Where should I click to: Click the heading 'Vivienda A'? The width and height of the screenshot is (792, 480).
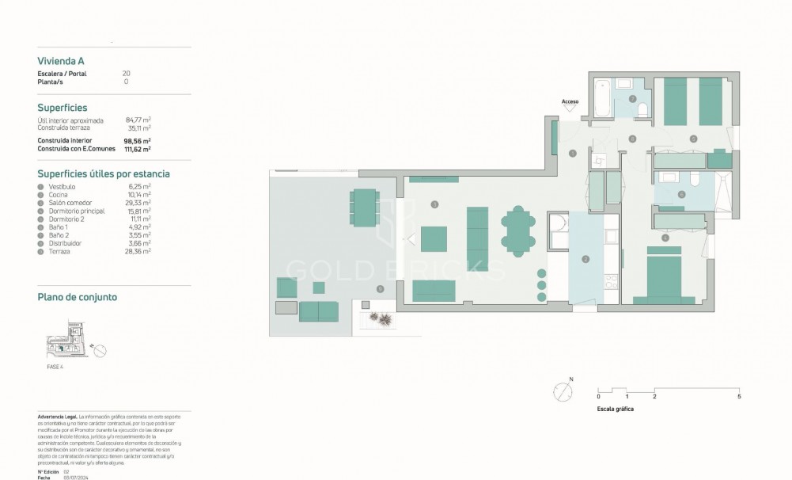[x=61, y=60]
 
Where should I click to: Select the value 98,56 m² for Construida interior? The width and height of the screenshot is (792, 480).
[x=136, y=141]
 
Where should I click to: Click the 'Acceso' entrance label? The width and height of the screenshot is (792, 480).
[x=570, y=101]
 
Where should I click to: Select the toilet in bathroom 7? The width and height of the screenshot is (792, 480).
[x=642, y=109]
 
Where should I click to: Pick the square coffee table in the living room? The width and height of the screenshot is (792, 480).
[x=434, y=238]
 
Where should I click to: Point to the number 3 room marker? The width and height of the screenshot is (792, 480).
[x=434, y=204]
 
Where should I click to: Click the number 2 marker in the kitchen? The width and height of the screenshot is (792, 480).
[x=585, y=259]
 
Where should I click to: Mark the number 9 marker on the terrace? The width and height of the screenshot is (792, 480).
[x=381, y=289]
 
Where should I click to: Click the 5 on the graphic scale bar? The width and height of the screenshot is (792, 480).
[x=738, y=395]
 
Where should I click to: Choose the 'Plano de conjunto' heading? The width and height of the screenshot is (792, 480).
[x=78, y=297]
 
